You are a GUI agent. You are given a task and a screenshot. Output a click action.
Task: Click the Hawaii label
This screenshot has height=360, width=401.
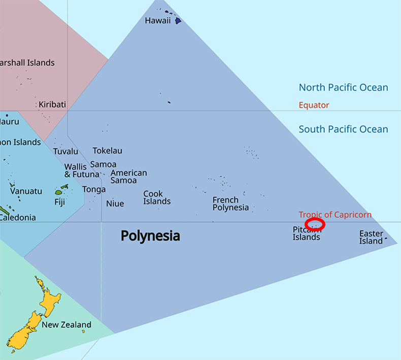(x=157, y=21)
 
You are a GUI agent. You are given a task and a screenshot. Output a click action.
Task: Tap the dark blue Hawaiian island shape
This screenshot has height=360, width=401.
(x=178, y=21)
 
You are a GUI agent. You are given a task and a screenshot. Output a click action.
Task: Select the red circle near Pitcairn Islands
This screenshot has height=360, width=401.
(x=315, y=223)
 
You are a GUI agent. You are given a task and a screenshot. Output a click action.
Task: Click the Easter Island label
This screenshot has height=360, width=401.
(x=371, y=237)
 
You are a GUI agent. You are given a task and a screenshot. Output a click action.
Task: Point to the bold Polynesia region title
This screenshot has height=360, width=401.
(x=150, y=236)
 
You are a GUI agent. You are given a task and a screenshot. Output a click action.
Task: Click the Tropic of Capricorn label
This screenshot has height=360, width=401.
(x=335, y=215)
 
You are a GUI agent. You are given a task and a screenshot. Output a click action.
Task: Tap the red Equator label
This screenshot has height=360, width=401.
(x=314, y=105)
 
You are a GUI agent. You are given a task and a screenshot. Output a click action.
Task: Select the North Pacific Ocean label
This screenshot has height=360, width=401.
(x=343, y=88)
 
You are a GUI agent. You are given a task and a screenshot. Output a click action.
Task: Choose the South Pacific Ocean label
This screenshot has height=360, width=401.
(x=343, y=129)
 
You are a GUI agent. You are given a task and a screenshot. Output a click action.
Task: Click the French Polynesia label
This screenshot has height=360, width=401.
(x=230, y=204)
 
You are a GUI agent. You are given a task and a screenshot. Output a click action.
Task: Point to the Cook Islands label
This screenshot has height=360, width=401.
(x=157, y=198)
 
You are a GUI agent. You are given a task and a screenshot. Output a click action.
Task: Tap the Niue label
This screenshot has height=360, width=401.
(x=115, y=204)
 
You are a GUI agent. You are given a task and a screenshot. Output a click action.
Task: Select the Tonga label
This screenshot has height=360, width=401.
(x=94, y=189)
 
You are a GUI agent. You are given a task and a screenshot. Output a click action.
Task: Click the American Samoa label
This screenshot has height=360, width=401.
(x=128, y=177)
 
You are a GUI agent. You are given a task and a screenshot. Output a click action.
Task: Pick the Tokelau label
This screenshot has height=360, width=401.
(x=107, y=151)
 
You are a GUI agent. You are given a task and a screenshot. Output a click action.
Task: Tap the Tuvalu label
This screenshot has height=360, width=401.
(x=66, y=151)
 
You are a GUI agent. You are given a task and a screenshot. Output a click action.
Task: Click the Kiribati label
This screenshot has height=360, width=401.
(x=52, y=105)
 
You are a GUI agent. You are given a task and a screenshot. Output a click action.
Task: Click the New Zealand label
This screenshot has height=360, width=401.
(x=66, y=325)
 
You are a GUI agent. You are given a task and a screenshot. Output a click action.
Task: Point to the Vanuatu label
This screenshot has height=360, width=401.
(x=26, y=191)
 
